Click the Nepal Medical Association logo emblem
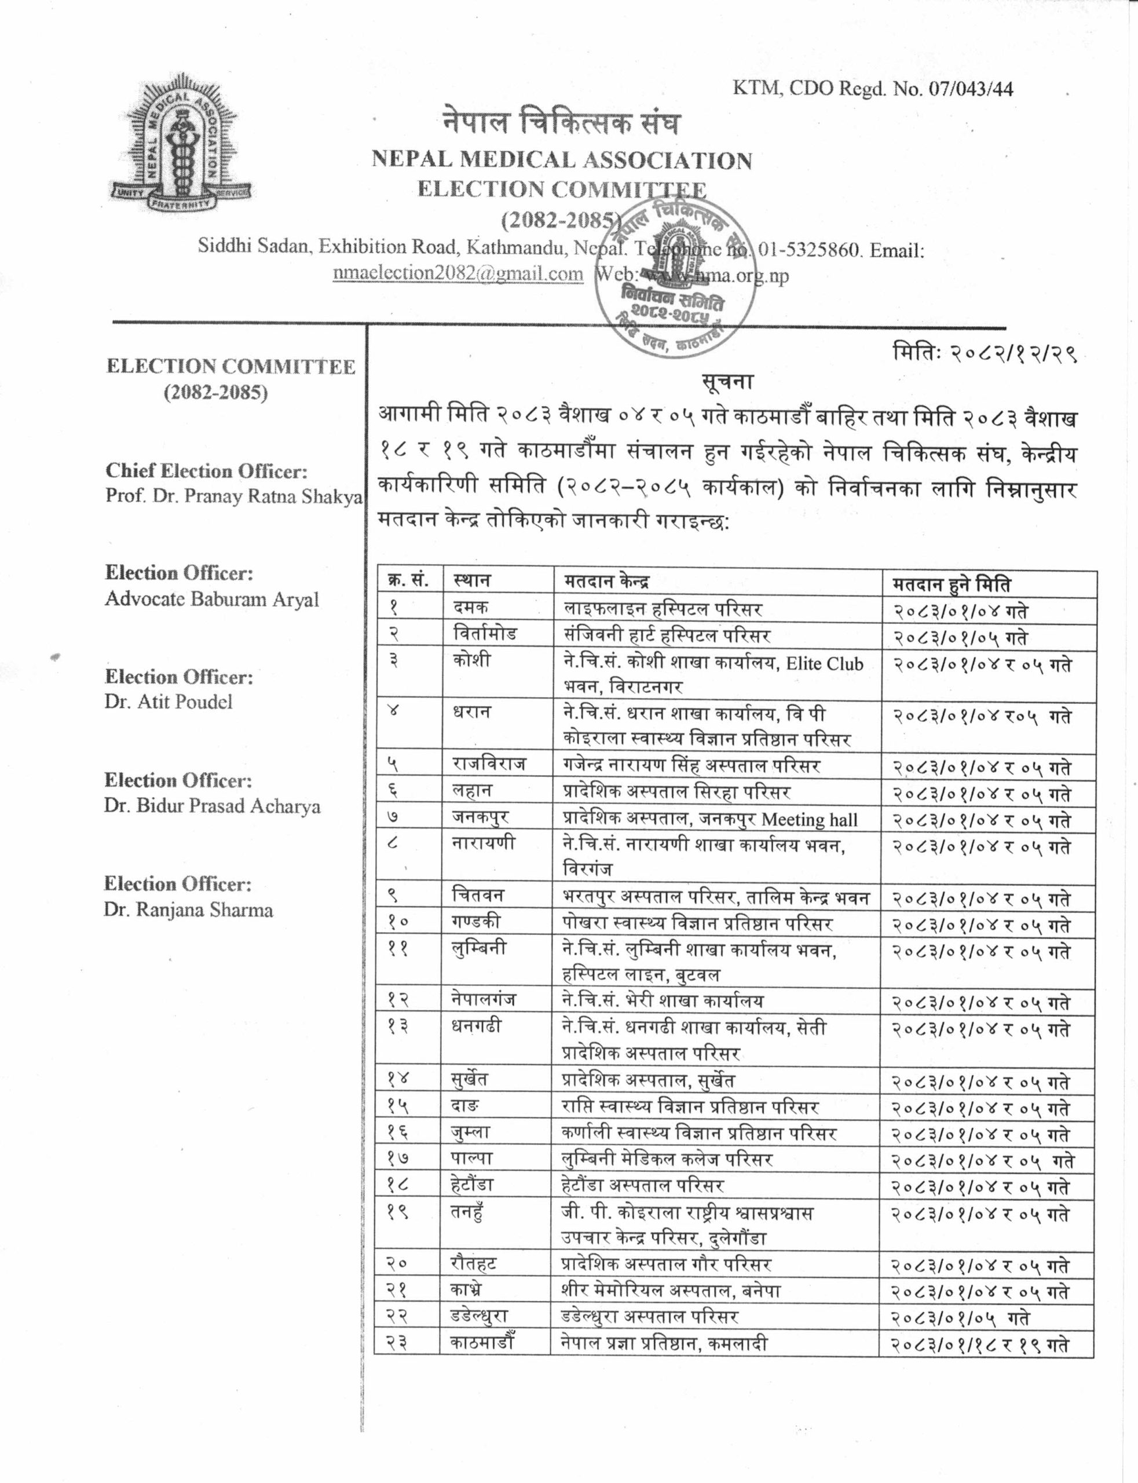[181, 143]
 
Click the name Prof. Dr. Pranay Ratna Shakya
[234, 496]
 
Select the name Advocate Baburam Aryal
[211, 600]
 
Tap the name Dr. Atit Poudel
[168, 702]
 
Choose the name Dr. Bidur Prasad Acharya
[212, 806]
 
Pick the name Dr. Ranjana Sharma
[188, 910]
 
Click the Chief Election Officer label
[206, 471]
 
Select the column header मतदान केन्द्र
[606, 581]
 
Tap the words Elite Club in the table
[824, 663]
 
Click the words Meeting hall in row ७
[810, 820]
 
